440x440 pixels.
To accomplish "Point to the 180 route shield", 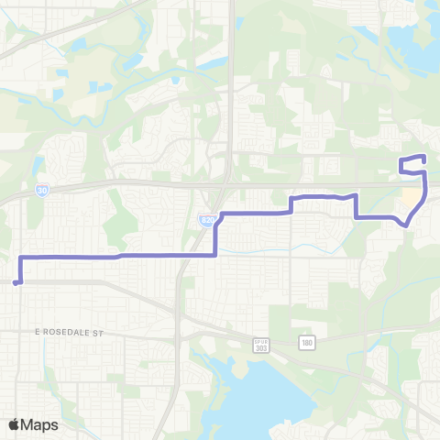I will tap(305, 343).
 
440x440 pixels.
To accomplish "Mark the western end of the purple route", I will tap(16, 283).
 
